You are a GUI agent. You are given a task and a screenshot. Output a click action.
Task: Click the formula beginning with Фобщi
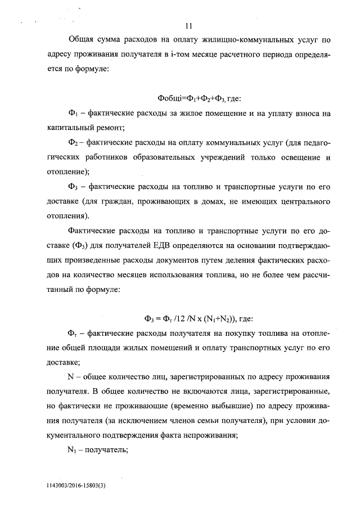[x=200, y=98]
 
